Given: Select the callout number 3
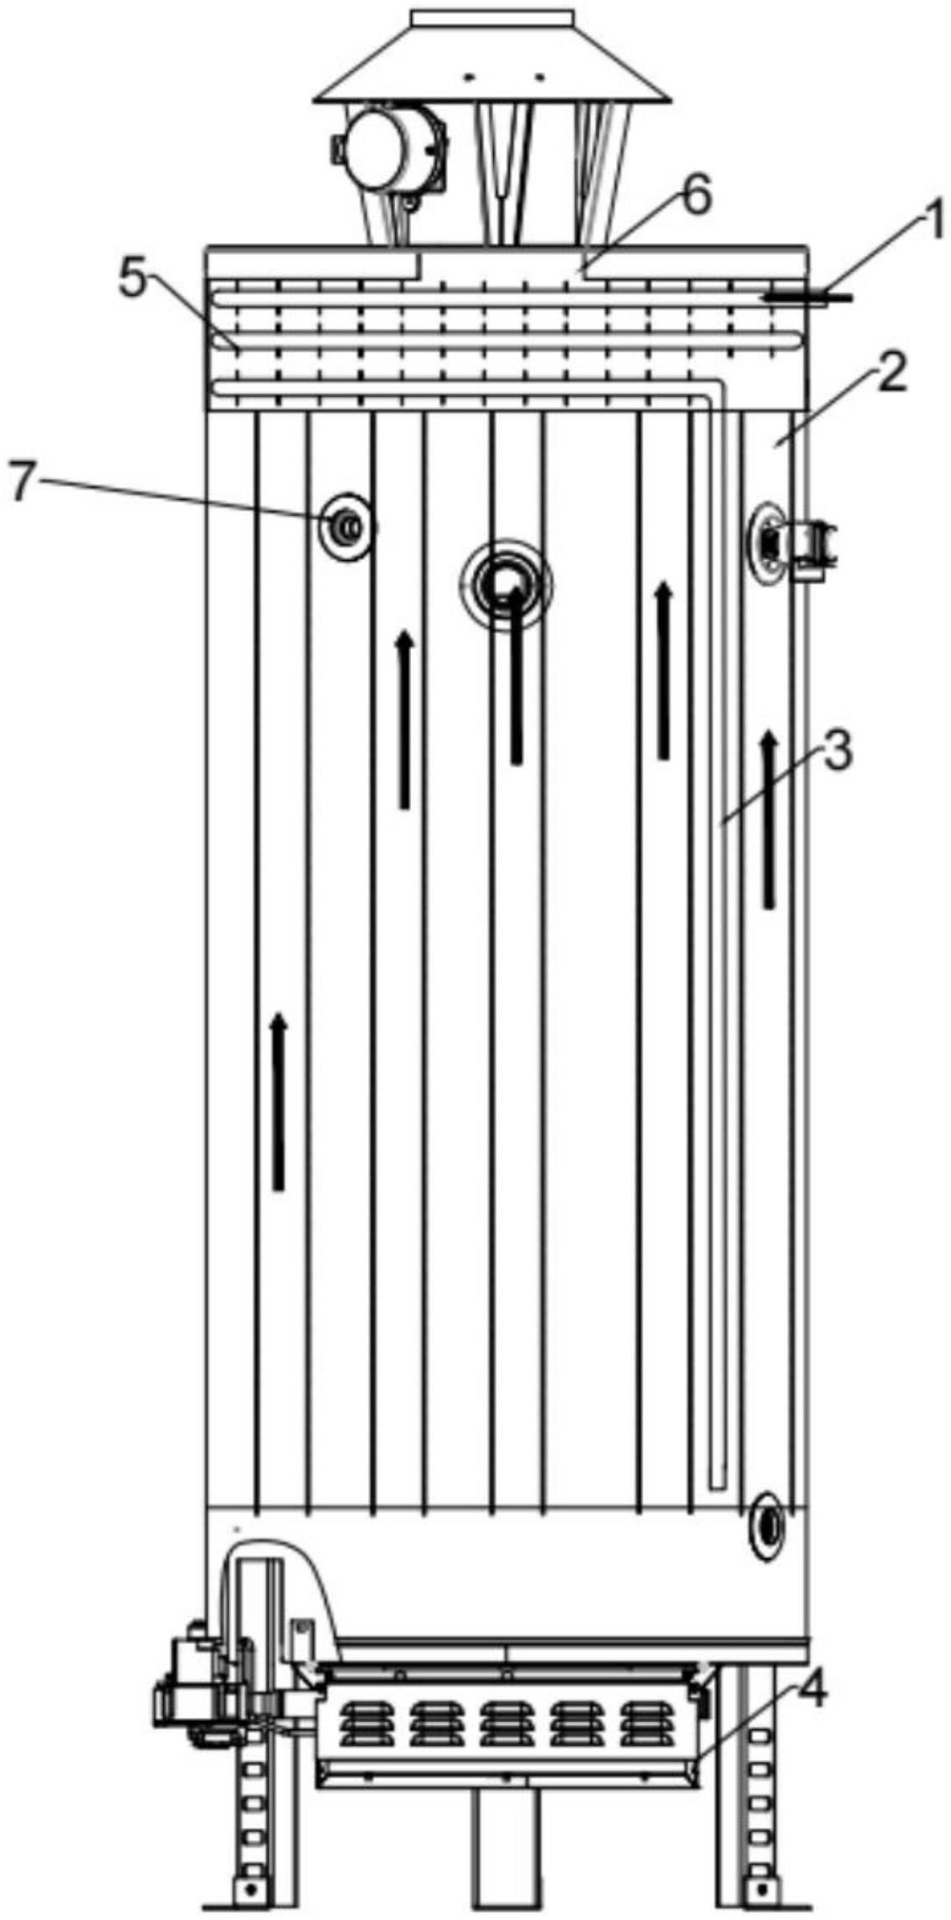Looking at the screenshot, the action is (x=835, y=753).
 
